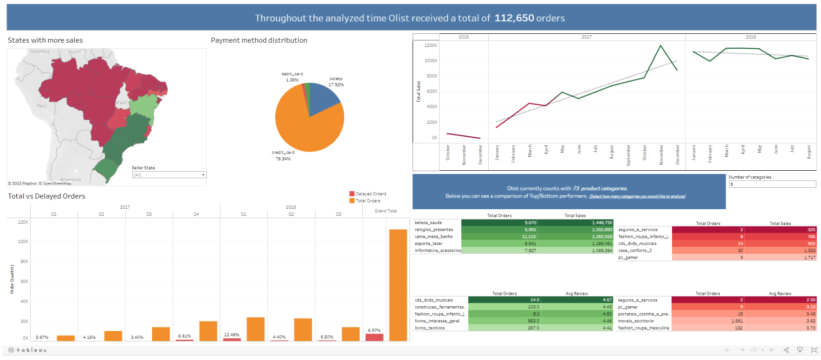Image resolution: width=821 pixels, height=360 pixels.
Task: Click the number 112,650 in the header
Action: (514, 18)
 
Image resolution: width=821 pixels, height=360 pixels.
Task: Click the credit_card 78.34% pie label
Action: (283, 155)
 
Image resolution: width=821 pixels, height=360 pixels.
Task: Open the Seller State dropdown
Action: (169, 175)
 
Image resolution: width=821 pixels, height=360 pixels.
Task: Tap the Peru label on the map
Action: (42, 106)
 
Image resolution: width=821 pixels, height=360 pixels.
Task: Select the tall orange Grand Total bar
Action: (398, 285)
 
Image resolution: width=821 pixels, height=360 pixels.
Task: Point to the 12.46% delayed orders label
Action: (232, 334)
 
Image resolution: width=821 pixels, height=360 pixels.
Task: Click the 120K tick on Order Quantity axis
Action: (23, 222)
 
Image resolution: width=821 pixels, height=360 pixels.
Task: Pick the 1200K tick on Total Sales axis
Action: (431, 45)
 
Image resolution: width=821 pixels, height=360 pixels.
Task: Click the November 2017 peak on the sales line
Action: (660, 45)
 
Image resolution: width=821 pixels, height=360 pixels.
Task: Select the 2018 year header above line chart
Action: (750, 37)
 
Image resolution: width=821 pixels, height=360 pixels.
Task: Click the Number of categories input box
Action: (772, 184)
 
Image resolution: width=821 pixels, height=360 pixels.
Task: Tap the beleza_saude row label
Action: (428, 223)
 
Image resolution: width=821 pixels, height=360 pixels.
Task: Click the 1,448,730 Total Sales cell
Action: (602, 223)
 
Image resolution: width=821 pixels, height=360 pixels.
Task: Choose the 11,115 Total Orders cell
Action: (529, 237)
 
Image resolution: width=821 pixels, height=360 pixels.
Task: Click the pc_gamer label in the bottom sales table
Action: (628, 257)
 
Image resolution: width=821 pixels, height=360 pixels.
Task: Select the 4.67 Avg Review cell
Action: (607, 300)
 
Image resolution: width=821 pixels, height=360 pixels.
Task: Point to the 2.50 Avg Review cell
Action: (811, 300)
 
